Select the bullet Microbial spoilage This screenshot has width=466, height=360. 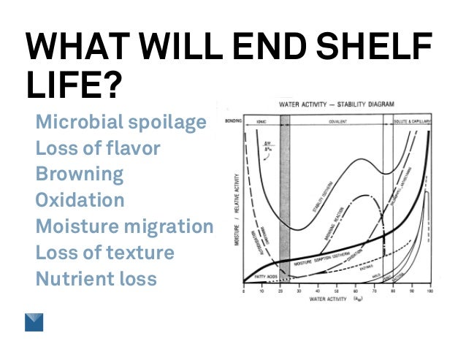[121, 123]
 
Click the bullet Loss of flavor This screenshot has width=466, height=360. [98, 149]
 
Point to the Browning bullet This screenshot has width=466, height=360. [79, 175]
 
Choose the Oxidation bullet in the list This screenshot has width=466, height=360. [80, 200]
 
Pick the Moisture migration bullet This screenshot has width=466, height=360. [124, 226]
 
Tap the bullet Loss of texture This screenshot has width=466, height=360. [104, 253]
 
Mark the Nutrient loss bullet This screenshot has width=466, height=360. [96, 278]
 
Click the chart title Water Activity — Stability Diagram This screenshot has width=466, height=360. [336, 104]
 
